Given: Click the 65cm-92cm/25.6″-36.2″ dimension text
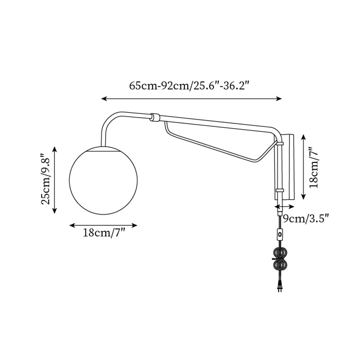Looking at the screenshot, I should [189, 86].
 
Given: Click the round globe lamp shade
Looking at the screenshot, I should [104, 180].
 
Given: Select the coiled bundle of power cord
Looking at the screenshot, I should [280, 260].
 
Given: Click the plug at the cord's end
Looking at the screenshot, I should [280, 286].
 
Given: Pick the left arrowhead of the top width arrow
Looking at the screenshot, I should [104, 98].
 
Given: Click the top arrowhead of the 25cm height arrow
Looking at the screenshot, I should [55, 149].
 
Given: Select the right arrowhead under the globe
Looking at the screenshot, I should [135, 225].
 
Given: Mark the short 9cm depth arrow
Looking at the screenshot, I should [284, 207].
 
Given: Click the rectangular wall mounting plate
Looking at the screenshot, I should [288, 166].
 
